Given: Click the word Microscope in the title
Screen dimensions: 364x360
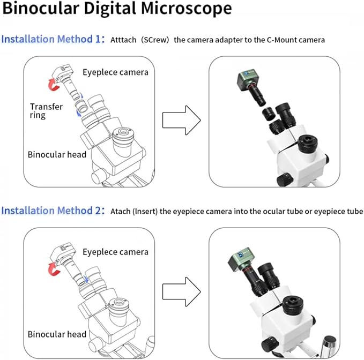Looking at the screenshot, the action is point(187,9).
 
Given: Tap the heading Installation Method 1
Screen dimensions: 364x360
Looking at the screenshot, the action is point(53,39).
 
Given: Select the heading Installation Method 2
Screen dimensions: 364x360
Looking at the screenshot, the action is point(53,211).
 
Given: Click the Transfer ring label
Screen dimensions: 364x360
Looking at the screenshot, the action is point(46,111).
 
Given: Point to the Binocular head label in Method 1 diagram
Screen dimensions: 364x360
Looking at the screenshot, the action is point(57,154).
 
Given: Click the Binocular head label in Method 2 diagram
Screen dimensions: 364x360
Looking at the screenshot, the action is point(57,334).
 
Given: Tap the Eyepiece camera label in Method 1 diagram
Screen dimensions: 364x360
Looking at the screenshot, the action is point(115,72).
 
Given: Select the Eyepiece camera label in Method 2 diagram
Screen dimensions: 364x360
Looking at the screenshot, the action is point(115,252).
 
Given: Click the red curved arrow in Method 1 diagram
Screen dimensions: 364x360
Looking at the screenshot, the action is point(54,85).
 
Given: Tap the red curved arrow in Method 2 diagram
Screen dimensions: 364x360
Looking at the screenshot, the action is point(54,269).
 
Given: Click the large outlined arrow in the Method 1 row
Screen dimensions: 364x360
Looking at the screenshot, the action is point(181,120).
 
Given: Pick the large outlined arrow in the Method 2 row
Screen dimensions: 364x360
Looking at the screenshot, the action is point(181,291).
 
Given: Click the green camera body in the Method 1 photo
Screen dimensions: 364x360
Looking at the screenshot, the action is point(247,78).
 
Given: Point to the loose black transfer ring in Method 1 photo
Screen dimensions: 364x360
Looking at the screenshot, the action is point(269,114).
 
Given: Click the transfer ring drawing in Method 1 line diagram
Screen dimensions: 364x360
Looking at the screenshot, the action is point(81,106).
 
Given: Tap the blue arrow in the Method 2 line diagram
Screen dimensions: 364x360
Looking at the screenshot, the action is point(86,279).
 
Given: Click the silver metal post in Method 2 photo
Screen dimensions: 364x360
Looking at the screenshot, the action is point(329,346).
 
